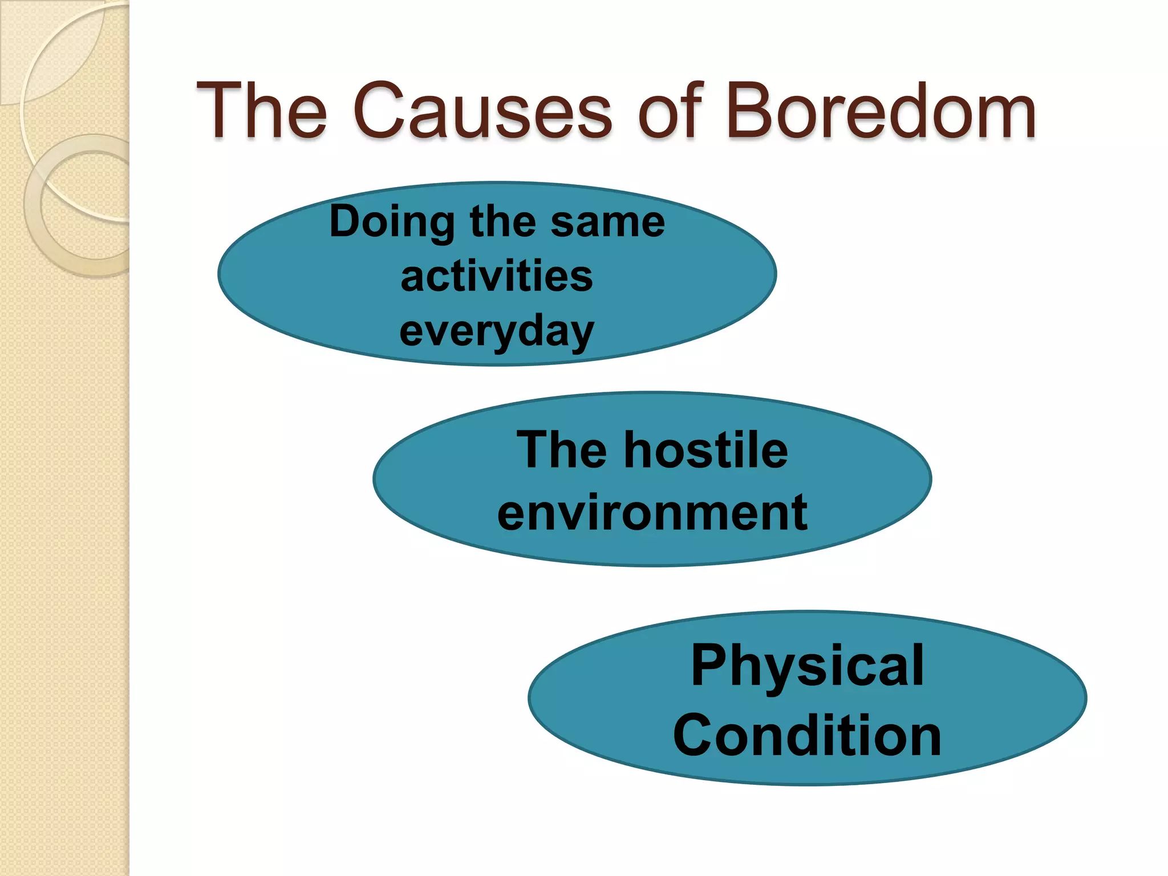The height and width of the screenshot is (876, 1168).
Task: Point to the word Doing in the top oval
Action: point(392,222)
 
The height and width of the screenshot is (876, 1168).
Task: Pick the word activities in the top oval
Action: point(497,277)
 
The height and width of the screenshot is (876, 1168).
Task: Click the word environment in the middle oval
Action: point(652,513)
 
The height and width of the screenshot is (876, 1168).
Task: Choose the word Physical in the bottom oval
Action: point(807,666)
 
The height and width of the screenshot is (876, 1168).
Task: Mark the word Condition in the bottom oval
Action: point(807,736)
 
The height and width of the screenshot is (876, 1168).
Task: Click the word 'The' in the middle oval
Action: point(561,451)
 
